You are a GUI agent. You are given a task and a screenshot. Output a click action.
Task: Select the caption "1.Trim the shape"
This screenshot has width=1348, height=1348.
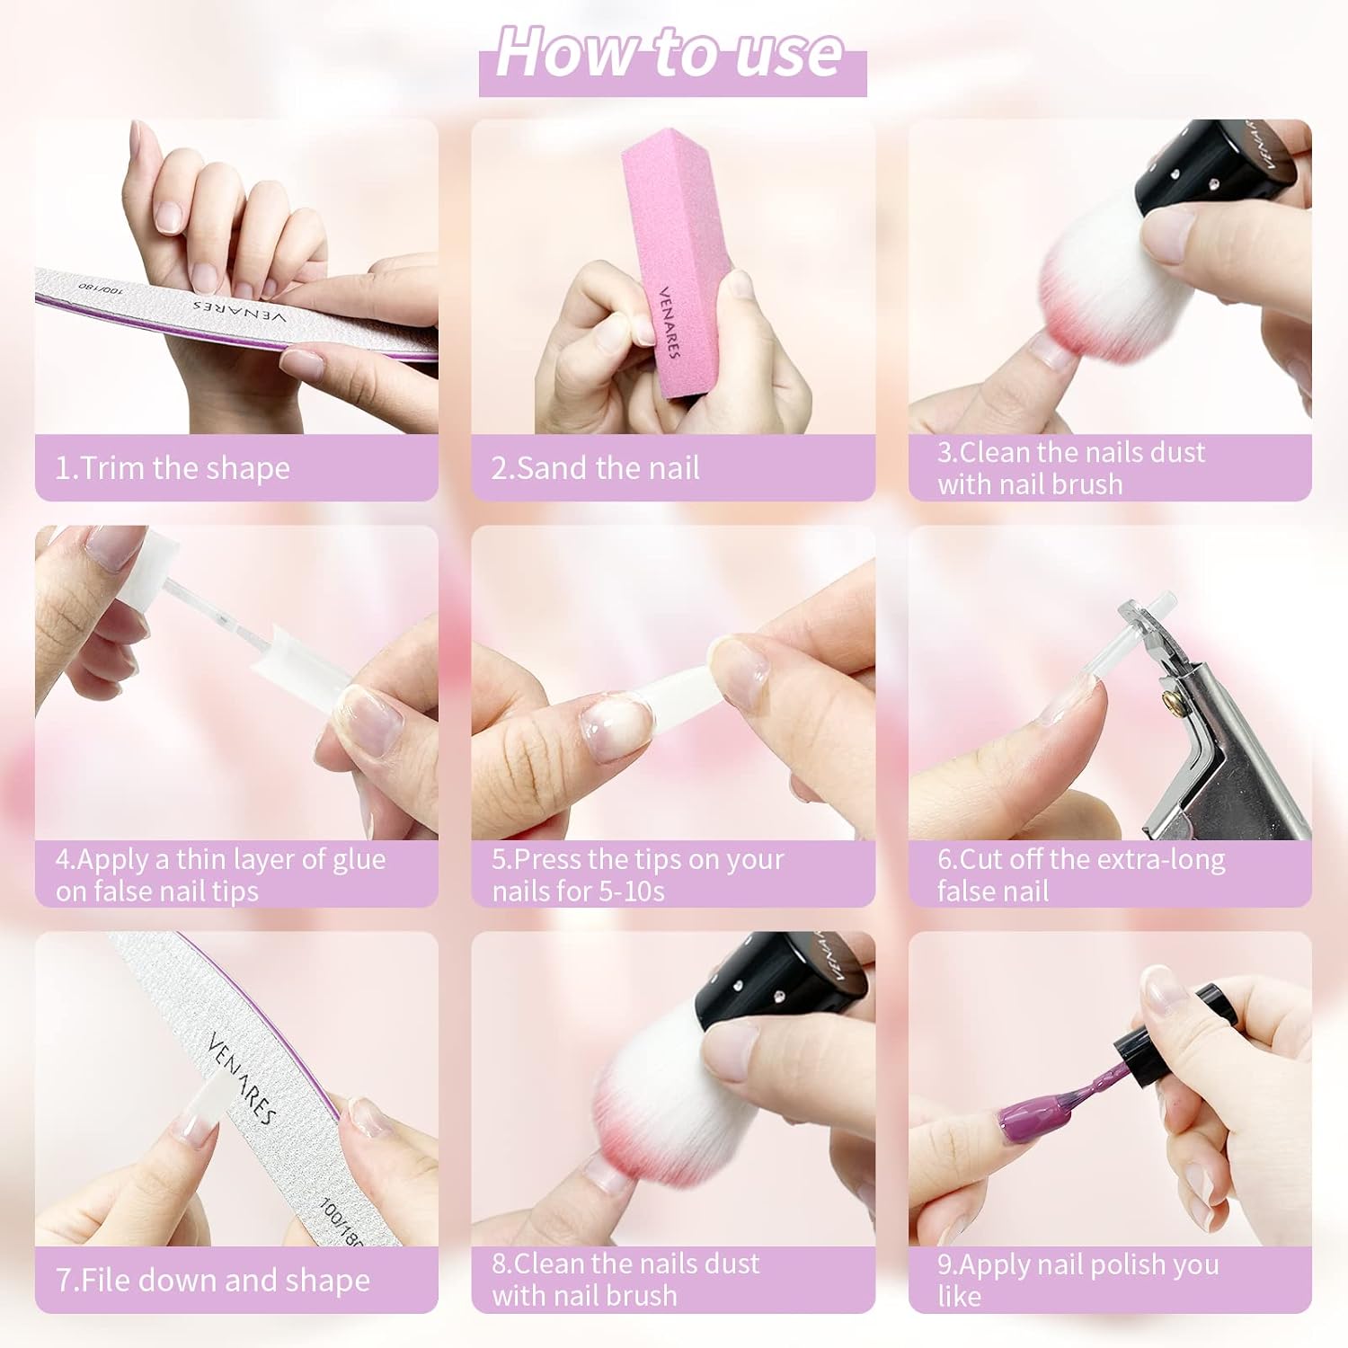tap(173, 468)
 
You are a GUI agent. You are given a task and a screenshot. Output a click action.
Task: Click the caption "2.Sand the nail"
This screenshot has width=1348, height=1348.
tap(595, 468)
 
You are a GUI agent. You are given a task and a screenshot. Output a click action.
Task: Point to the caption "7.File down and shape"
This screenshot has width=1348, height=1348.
tap(213, 1280)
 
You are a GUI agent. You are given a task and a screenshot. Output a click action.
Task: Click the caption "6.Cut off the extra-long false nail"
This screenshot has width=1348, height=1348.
tap(1081, 874)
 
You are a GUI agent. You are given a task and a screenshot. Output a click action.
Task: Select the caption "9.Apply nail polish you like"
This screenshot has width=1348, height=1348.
tap(1078, 1280)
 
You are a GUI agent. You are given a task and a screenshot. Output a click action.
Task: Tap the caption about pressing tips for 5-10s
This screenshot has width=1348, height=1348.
tap(638, 874)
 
